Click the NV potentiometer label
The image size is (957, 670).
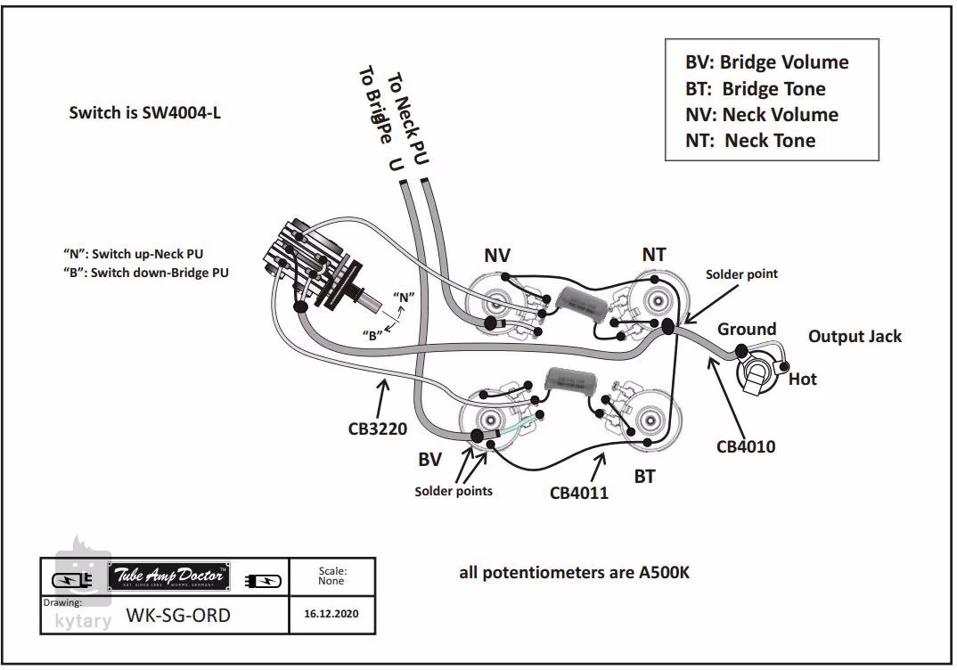click(497, 256)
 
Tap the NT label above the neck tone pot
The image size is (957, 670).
click(654, 255)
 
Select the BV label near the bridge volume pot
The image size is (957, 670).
click(430, 461)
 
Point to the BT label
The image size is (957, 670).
click(644, 477)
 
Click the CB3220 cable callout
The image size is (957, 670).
click(377, 429)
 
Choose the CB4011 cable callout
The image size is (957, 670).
click(578, 492)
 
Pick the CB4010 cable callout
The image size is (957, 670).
click(746, 445)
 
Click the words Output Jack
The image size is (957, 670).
click(855, 336)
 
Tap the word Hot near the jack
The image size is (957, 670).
click(802, 380)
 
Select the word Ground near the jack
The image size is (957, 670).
click(747, 329)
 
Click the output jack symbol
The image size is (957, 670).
click(758, 372)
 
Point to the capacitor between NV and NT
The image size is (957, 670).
click(580, 308)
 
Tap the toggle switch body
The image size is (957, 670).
click(312, 262)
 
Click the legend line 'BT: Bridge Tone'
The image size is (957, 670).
click(755, 89)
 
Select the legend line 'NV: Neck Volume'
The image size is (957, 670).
click(761, 115)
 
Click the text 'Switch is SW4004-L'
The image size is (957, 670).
click(144, 113)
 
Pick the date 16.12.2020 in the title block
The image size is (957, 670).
click(331, 615)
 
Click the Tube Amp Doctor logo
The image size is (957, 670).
click(169, 577)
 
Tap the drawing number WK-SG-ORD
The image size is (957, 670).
click(178, 615)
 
